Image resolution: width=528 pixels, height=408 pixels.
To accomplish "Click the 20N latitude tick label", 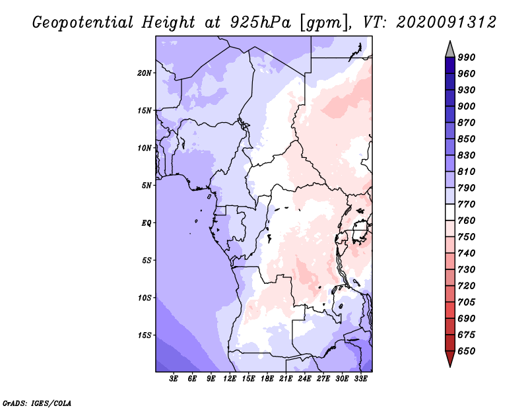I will (x=145, y=73).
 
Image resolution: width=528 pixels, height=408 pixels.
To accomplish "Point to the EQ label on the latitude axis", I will (x=147, y=223).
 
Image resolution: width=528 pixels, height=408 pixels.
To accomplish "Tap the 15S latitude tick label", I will (x=145, y=335).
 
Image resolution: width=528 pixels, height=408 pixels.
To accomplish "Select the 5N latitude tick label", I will (x=147, y=186).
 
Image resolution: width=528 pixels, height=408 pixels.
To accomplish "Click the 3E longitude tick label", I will (x=174, y=378).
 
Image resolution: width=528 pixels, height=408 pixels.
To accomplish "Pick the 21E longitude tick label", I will (x=286, y=378).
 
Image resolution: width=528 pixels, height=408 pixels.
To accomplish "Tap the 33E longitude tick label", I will (x=360, y=378).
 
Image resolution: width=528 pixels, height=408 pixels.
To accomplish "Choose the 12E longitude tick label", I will (x=230, y=378).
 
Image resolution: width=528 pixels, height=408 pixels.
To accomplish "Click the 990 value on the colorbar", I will (x=467, y=57).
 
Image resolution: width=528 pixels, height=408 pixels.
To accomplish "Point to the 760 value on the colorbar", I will (x=467, y=221).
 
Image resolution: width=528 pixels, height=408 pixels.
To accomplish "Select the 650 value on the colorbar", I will (x=467, y=351).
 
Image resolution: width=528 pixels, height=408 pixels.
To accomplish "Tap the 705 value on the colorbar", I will (x=467, y=302).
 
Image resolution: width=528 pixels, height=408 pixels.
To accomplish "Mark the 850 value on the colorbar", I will (x=467, y=139).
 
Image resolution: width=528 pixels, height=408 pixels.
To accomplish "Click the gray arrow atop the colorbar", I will (x=450, y=49).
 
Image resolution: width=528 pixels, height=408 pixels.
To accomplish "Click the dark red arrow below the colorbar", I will (x=450, y=359).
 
